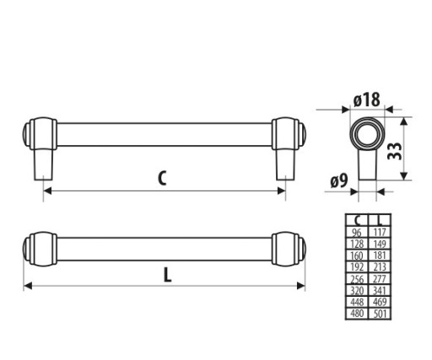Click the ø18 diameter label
click(366, 99)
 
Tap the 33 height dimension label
click(395, 151)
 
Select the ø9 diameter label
click(339, 180)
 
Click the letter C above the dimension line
click(162, 178)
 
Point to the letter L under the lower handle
click(167, 275)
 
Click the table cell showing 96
click(357, 232)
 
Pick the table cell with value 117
click(380, 232)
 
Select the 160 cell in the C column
click(357, 255)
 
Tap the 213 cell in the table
click(380, 266)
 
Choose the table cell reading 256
click(357, 279)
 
